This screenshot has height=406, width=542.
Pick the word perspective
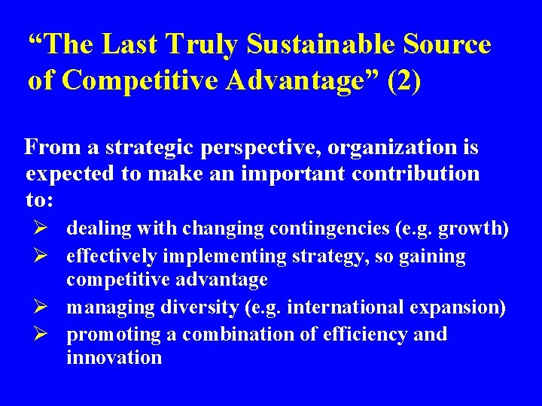258,149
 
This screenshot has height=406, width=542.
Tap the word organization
392,148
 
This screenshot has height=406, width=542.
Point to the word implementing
233,256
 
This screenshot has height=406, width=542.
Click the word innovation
114,357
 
